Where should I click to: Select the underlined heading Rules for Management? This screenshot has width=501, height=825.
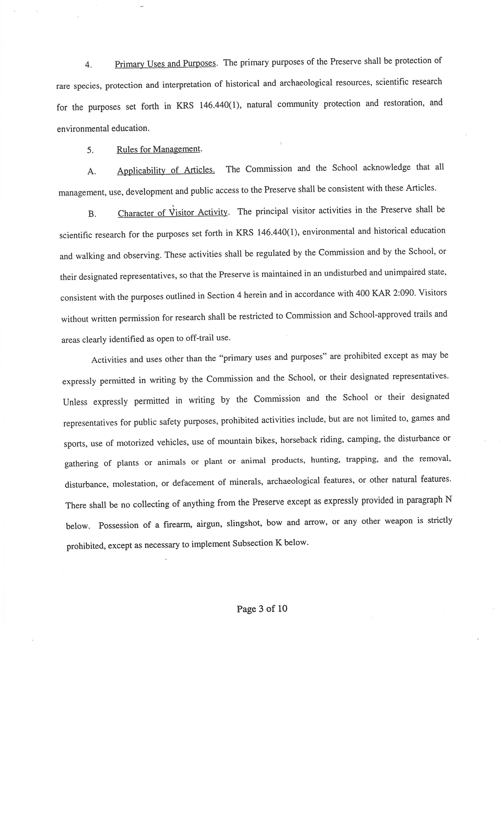(159, 149)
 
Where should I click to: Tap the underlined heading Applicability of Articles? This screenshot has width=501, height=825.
(166, 170)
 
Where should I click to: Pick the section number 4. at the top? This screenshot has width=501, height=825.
(88, 65)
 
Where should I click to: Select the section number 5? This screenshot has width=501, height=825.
(90, 150)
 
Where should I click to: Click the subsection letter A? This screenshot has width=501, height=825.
(91, 172)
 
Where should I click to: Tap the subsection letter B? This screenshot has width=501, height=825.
(92, 214)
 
